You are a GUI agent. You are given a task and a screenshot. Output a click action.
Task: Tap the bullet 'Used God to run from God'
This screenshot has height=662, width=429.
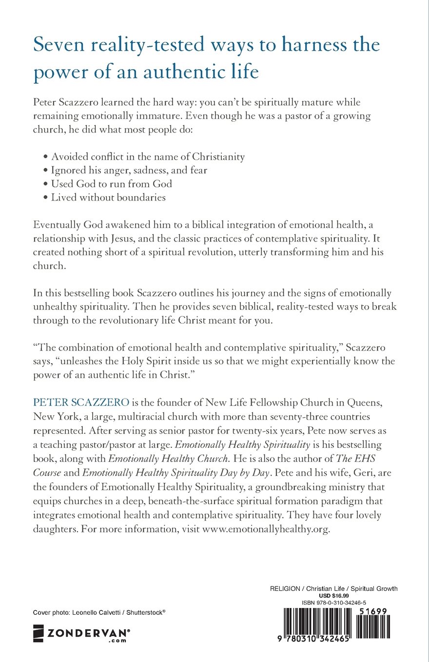point(112,184)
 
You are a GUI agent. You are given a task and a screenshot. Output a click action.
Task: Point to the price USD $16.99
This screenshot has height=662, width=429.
point(334,596)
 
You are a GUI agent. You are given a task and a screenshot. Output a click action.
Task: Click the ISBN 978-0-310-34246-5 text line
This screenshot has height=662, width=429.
point(334,603)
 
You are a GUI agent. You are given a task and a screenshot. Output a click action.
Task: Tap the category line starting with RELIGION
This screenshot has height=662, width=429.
point(334,589)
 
